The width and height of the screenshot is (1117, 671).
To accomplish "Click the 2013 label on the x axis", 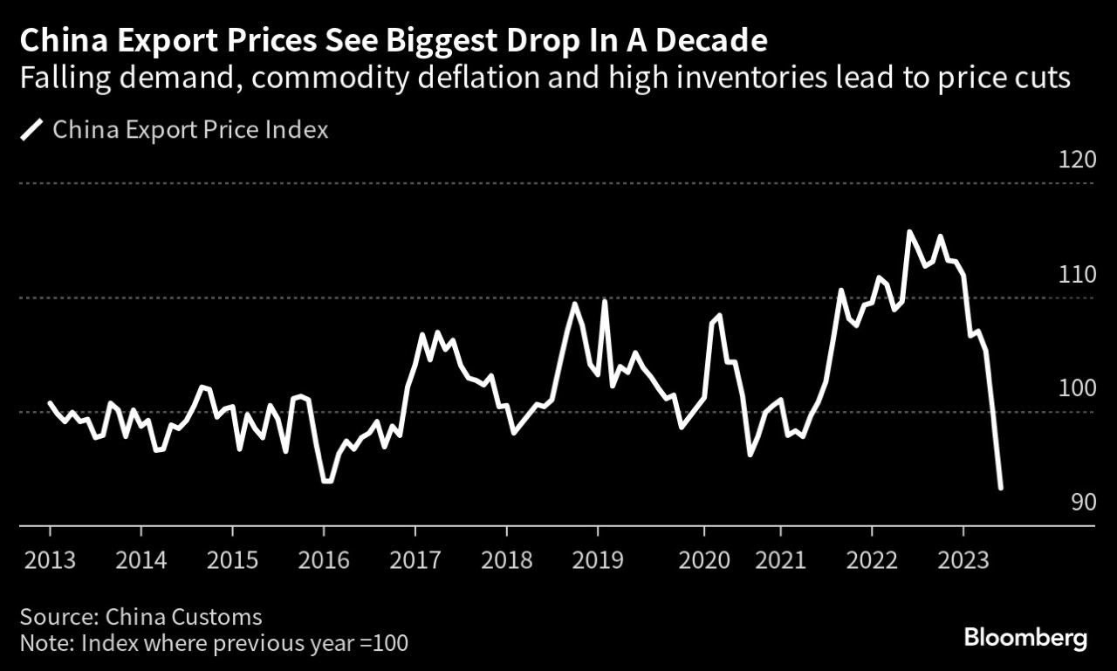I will click(50, 558).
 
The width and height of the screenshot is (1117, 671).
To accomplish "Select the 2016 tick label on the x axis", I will click(324, 558).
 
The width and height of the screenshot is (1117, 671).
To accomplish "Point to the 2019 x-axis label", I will click(598, 558).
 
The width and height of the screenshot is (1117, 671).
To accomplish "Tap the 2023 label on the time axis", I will click(963, 558).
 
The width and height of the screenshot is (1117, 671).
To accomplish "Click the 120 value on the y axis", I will click(1077, 161).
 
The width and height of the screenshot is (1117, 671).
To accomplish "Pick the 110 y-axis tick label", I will click(1077, 275).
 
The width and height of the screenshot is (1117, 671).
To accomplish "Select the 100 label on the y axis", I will click(1077, 388).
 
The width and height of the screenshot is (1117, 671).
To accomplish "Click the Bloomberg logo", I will click(1025, 638).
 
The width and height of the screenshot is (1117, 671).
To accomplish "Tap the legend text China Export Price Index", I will click(190, 131).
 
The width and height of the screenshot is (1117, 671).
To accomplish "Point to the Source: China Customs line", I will click(140, 617).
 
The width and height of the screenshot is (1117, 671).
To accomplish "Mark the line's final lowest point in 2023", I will click(1000, 488).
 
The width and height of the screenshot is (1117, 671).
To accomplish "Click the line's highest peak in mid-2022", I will click(909, 232).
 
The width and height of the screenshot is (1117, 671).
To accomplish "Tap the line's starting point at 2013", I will click(50, 403).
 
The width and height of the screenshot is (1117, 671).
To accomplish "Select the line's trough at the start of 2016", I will click(326, 481).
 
